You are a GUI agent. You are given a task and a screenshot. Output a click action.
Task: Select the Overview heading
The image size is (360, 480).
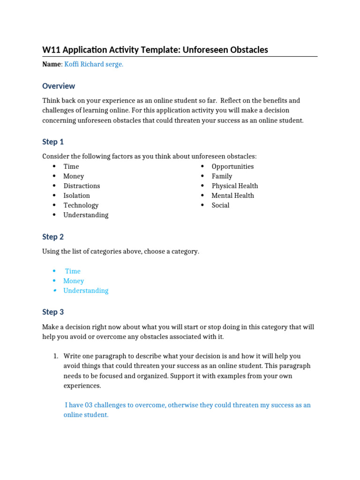pos(59,86)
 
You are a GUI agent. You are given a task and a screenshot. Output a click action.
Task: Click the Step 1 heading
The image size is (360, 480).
pos(53,142)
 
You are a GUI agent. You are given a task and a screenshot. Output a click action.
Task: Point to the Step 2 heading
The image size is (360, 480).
pos(53,237)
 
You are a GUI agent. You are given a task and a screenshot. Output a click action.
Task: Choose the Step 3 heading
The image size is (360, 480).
pos(53,312)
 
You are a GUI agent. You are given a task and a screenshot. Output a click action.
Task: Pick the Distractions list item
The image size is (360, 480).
pos(82,186)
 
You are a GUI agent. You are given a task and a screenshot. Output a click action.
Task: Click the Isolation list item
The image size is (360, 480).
pos(76,196)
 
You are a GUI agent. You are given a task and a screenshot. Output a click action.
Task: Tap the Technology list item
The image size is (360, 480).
pos(81,205)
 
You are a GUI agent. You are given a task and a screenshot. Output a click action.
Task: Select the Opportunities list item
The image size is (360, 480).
pos(232,167)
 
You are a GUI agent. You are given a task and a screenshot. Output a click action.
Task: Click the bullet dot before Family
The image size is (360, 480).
pos(202,176)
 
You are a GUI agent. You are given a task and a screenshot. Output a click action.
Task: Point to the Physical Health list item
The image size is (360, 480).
pos(234,186)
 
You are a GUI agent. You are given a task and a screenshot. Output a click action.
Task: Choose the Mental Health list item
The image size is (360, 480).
pos(232,196)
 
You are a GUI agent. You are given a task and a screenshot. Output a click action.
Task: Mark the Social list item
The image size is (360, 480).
pos(220,205)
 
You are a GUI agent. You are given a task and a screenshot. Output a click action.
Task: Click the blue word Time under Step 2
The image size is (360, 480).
pos(73,271)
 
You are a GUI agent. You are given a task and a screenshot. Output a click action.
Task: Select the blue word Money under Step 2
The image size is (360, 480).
pos(74,281)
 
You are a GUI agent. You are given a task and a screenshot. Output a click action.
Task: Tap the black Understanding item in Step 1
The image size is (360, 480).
pos(86,215)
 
